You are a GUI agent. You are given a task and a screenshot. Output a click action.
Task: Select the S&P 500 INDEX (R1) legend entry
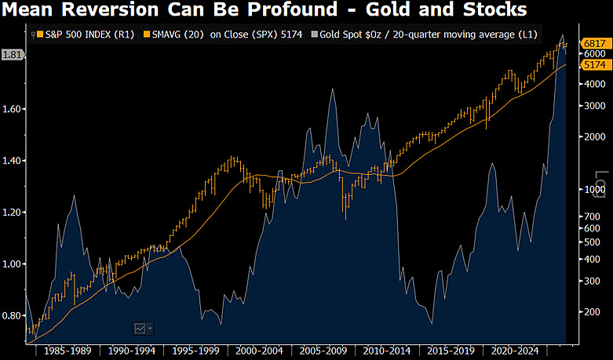pos(86,35)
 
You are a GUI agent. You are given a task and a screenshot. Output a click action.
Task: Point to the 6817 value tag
pos(596,43)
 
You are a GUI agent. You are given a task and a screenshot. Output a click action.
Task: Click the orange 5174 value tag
pos(596,65)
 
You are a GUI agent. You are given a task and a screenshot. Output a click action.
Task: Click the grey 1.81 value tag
pos(12,55)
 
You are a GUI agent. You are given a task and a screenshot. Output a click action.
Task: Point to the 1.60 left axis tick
pos(11,109)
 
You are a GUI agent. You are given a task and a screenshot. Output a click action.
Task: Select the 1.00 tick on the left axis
pos(11,264)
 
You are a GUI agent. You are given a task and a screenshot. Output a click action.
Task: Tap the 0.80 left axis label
pos(11,316)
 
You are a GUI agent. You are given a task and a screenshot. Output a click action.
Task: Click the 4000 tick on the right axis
pos(594,84)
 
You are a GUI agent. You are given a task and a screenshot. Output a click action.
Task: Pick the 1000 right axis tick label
pos(594,189)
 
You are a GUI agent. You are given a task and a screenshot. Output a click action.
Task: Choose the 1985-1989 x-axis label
pos(68,351)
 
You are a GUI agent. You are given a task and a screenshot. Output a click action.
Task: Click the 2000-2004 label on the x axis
pos(259,351)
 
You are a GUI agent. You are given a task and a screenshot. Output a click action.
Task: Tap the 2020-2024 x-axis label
pos(515,351)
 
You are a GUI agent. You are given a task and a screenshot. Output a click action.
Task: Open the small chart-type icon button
pos(143,329)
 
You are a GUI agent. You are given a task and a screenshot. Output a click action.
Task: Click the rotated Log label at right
pos(600,184)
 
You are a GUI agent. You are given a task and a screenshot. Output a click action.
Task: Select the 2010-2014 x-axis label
pos(387,351)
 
